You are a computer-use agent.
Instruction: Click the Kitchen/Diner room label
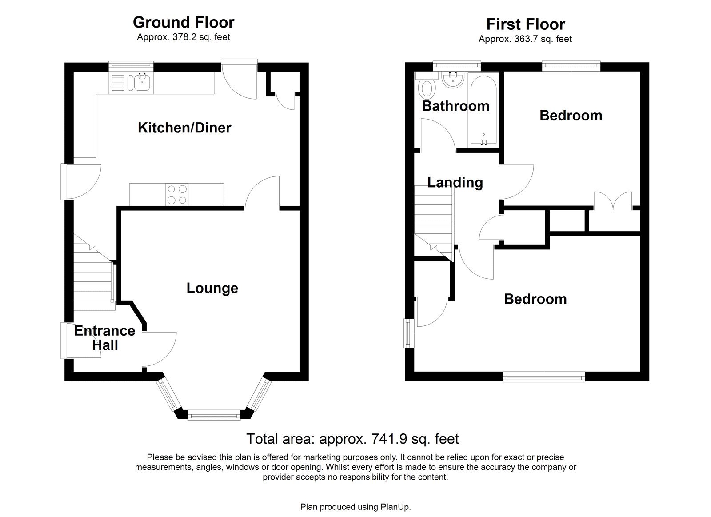[x=184, y=128]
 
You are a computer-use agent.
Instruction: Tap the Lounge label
[x=212, y=288]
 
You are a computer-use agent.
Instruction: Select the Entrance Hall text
[x=104, y=338]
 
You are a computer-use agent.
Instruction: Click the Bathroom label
[x=455, y=106]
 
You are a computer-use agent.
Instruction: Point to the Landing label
[x=455, y=182]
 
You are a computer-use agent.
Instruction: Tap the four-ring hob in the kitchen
[x=177, y=194]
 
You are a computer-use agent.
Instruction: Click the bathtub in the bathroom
[x=483, y=111]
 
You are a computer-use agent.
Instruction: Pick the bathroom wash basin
[x=454, y=80]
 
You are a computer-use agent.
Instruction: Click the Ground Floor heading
[x=184, y=22]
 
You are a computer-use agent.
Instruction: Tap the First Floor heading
[x=525, y=24]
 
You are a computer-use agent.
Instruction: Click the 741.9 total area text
[x=352, y=439]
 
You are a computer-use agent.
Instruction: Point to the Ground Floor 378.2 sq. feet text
[x=184, y=37]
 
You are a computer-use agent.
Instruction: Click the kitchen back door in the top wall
[x=240, y=82]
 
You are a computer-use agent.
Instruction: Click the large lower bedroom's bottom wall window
[x=544, y=377]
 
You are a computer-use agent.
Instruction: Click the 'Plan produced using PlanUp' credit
[x=355, y=507]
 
